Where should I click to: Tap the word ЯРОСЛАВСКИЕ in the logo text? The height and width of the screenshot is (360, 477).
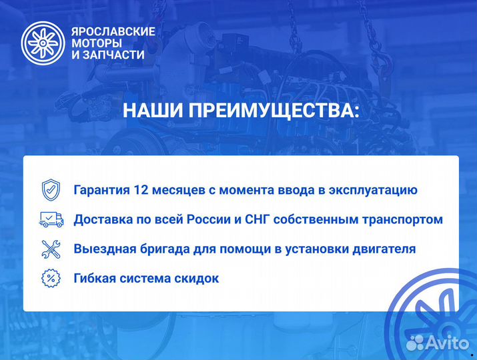pos(113,31)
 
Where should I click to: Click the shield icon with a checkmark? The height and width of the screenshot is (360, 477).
pos(50,190)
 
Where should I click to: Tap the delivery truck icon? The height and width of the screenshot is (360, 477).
pos(51,219)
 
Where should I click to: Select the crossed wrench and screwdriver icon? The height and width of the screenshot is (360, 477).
pos(51,249)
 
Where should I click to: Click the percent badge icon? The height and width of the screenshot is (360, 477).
pos(50,278)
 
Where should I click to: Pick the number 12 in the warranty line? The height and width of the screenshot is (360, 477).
pos(141,190)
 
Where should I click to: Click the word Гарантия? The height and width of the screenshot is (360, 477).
pos(101,190)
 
